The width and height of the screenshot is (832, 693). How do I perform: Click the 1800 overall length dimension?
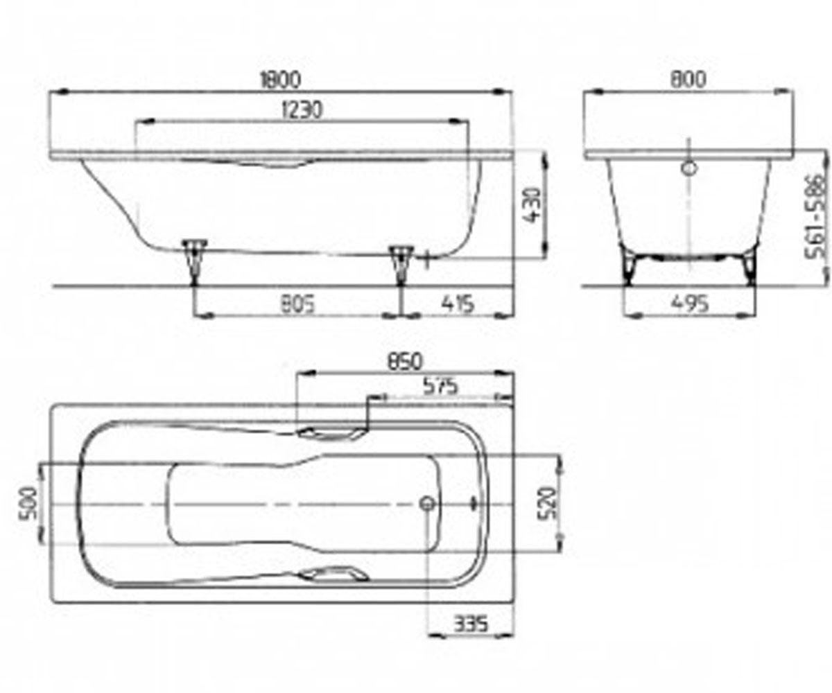(x=280, y=80)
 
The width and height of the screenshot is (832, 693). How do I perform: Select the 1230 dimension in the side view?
(x=301, y=109)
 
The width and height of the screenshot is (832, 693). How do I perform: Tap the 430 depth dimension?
(x=532, y=206)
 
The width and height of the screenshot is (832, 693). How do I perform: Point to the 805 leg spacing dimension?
(x=298, y=304)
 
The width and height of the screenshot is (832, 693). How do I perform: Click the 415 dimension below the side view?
(x=458, y=304)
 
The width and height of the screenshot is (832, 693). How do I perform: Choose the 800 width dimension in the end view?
(x=688, y=79)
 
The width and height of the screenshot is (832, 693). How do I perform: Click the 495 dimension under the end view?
(x=691, y=304)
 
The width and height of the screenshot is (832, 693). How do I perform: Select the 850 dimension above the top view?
(x=404, y=362)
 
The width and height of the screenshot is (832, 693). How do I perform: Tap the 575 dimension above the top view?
(x=440, y=386)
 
